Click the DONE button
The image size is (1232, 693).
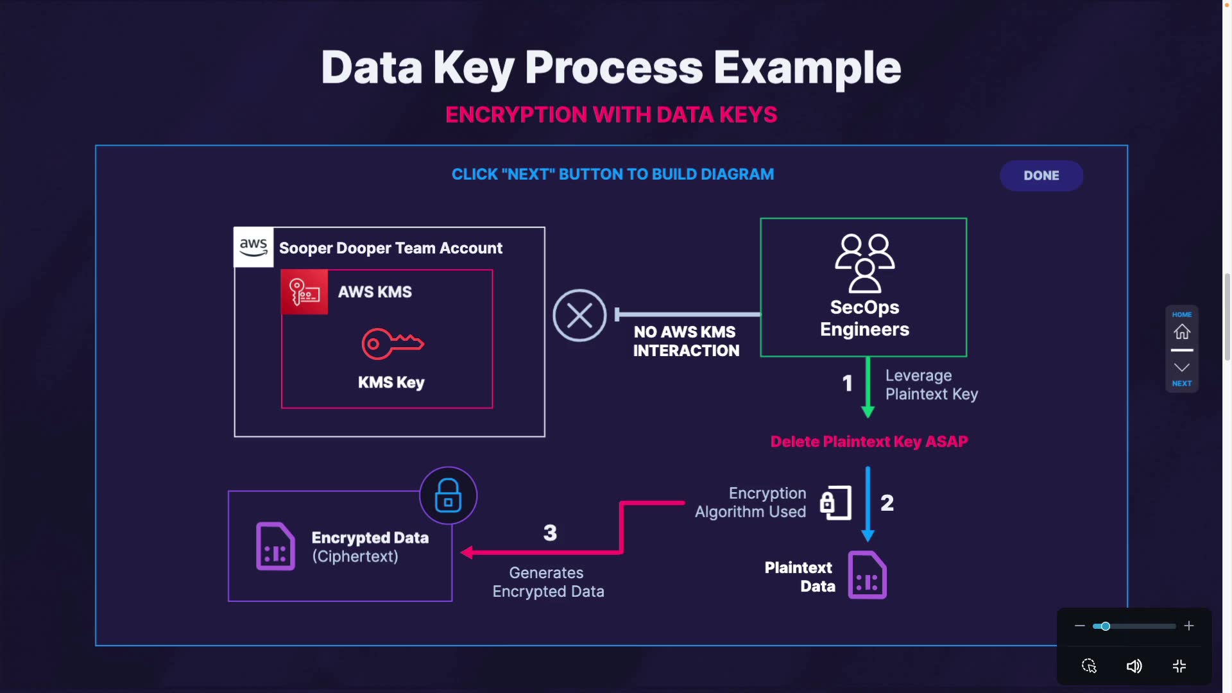(x=1041, y=176)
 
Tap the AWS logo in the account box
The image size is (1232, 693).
(x=253, y=247)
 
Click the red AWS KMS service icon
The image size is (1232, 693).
(x=305, y=293)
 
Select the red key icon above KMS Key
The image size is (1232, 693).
(x=392, y=344)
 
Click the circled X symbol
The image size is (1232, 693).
(x=579, y=316)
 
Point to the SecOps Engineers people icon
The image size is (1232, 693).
(x=864, y=263)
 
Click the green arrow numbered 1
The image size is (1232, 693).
(x=868, y=388)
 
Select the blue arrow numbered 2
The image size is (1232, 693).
(x=868, y=504)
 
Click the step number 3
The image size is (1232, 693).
(x=550, y=533)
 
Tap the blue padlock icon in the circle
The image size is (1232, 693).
(x=448, y=495)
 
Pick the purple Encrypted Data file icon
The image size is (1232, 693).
(x=275, y=547)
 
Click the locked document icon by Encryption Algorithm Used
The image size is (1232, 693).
(x=835, y=502)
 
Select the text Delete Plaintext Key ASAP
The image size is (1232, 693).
(x=869, y=441)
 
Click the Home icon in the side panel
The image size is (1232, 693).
(x=1182, y=332)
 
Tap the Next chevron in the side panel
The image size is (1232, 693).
(x=1182, y=368)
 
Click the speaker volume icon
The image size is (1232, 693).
(x=1134, y=666)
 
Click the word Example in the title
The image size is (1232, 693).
(x=807, y=68)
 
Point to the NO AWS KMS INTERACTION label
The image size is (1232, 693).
(x=686, y=341)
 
